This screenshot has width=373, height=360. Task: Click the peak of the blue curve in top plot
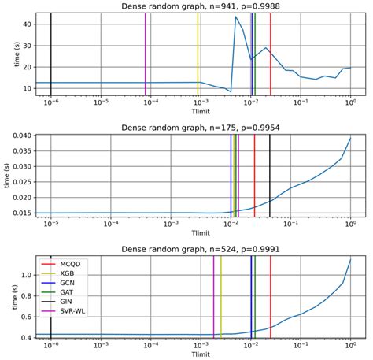point(236,17)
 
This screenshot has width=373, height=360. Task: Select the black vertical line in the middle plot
point(270,175)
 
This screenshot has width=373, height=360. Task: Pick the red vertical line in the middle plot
point(254,175)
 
